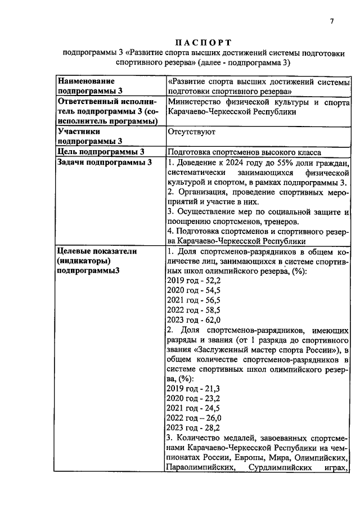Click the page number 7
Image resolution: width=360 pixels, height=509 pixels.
332,21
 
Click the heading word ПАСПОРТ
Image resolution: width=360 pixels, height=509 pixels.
204,43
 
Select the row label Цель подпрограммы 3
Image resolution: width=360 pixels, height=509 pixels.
101,151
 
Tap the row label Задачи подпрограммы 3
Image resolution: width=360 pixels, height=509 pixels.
105,163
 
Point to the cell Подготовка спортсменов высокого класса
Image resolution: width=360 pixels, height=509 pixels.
244,152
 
